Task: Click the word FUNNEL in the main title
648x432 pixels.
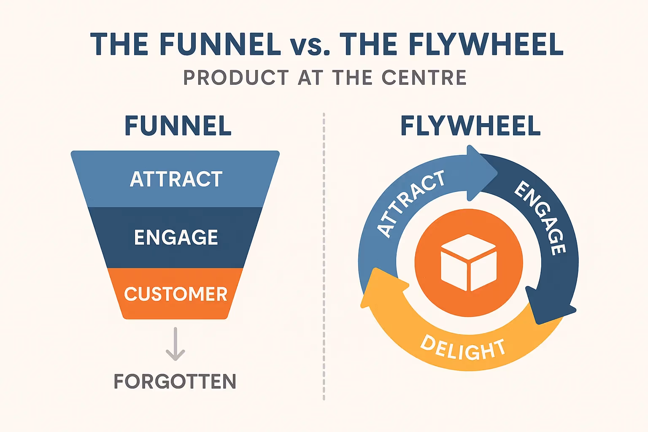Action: coord(220,44)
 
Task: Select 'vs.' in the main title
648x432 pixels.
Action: coord(310,45)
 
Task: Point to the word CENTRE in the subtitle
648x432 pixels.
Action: coord(424,78)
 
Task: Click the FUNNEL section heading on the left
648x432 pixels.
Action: coord(178,126)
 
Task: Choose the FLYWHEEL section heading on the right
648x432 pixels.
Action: coord(470,126)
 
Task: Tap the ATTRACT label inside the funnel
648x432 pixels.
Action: coord(176,179)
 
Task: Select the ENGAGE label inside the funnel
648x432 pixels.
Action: coord(176,237)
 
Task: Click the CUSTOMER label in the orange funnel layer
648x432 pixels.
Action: coord(175,294)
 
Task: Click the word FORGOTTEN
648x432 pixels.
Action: coord(175,381)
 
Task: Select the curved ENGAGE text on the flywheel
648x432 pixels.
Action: coord(541,217)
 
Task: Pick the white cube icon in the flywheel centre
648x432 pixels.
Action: coord(469,262)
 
